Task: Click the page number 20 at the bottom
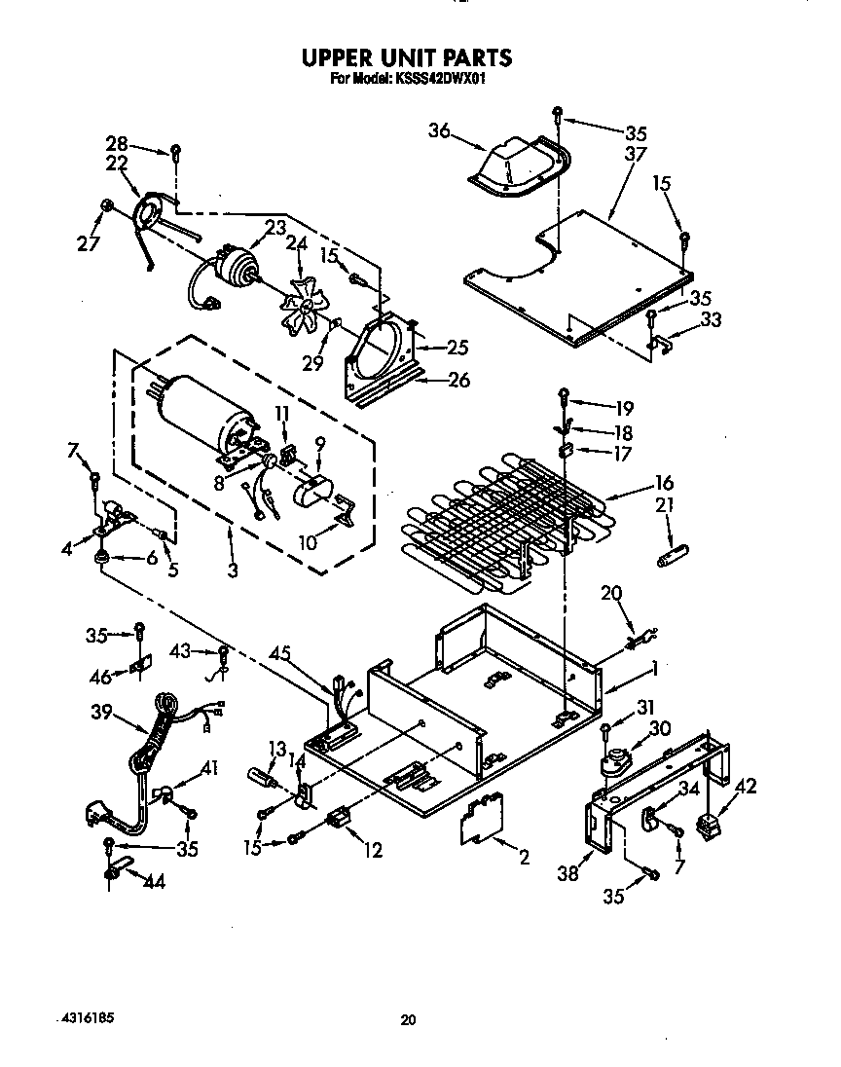(409, 1020)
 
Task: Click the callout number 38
(568, 873)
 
